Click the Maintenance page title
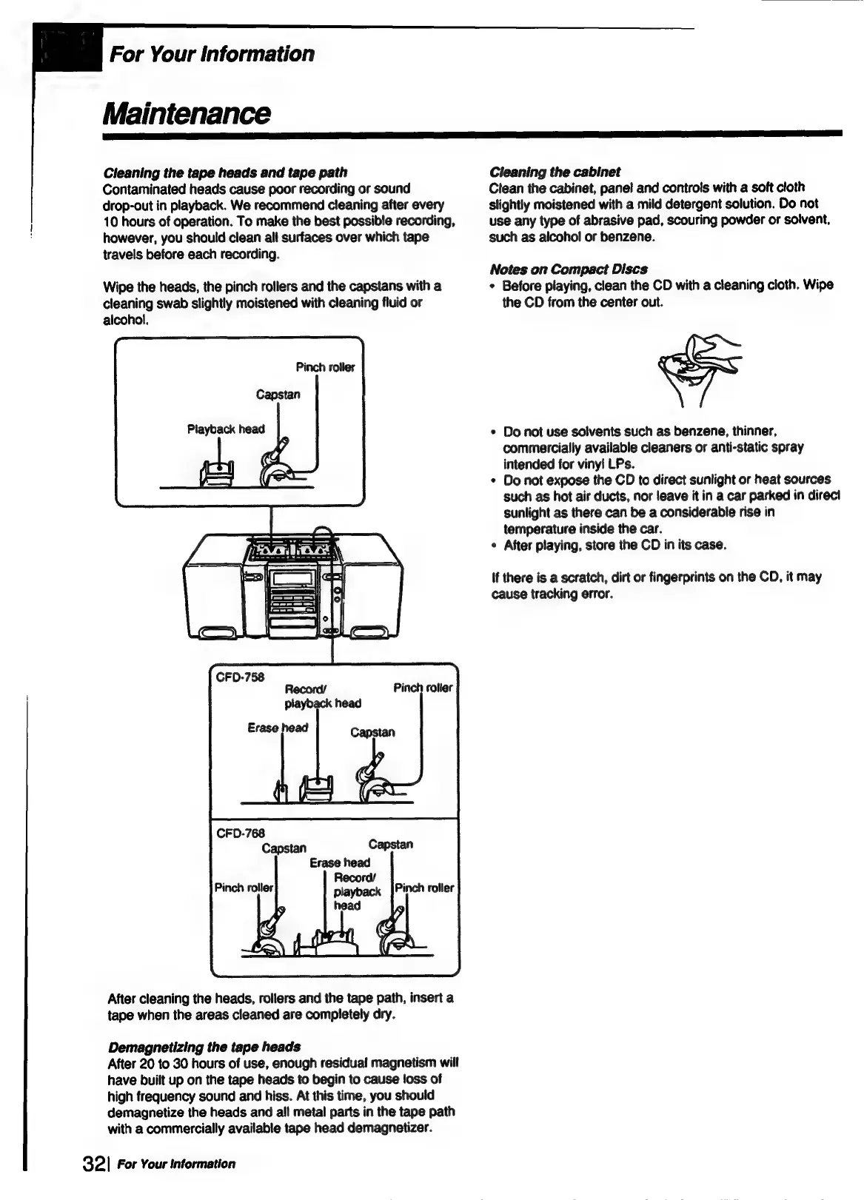click(187, 113)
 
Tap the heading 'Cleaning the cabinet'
click(555, 172)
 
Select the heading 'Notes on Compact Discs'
click(568, 269)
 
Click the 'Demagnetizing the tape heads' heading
click(204, 1047)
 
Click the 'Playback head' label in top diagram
click(225, 429)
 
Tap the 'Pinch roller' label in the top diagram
click(325, 367)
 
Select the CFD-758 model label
click(239, 677)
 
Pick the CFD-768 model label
click(240, 834)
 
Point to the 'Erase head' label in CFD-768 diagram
click(339, 862)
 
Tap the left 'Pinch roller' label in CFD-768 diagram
click(244, 888)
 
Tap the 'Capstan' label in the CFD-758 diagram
click(372, 732)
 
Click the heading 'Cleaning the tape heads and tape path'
click(225, 172)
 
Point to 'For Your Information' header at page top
click(212, 54)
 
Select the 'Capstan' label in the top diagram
click(278, 395)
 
